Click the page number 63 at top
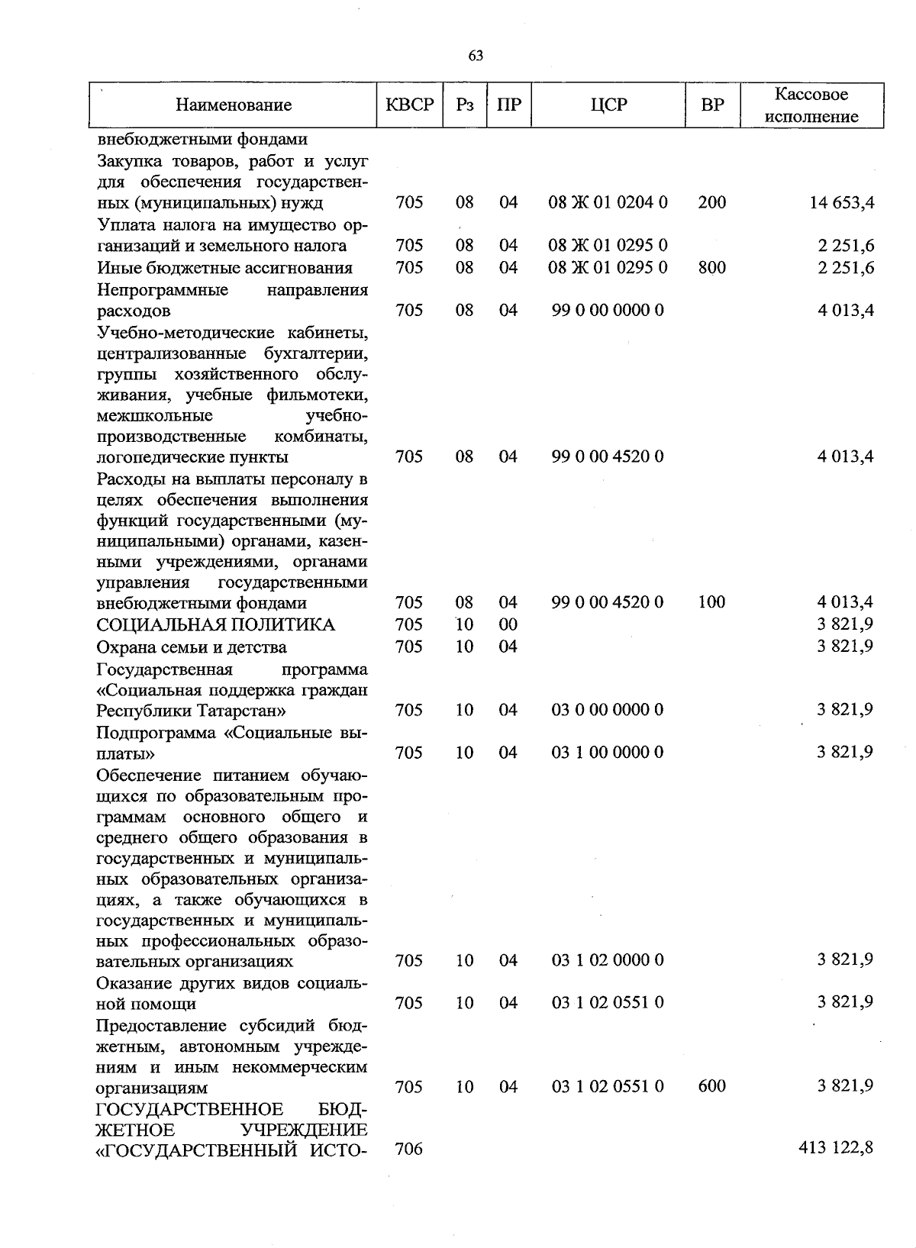475,56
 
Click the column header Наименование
234,105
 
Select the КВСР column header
409,105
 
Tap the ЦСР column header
608,105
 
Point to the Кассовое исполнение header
811,105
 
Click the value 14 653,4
842,203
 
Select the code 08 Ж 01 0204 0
608,203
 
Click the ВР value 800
711,268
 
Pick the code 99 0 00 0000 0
608,311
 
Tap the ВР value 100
711,602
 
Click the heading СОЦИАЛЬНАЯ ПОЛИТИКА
215,625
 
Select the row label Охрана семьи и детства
192,647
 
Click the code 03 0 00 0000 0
608,711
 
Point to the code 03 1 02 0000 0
608,960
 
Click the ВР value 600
711,1086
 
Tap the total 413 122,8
836,1149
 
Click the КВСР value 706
409,1149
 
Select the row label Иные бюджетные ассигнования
224,268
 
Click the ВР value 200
711,203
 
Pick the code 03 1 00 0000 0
608,753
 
